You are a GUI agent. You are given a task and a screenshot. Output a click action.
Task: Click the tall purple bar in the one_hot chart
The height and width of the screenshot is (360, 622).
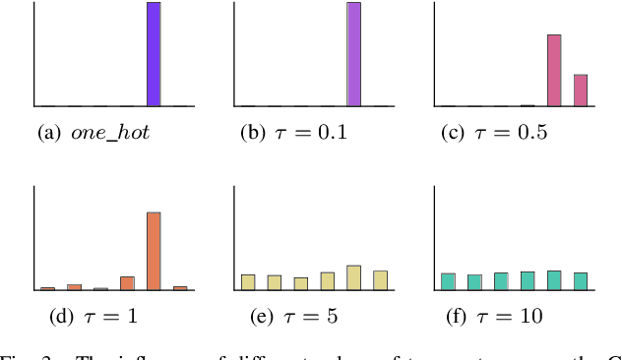154,54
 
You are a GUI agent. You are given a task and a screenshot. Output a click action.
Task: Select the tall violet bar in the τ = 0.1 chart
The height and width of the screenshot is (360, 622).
353,54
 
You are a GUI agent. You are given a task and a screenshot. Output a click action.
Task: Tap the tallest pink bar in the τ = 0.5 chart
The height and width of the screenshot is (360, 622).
554,70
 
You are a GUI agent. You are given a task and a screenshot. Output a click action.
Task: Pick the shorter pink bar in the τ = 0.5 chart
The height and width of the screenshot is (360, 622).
580,90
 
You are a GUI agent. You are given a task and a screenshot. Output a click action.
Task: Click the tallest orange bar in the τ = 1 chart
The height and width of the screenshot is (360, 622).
154,251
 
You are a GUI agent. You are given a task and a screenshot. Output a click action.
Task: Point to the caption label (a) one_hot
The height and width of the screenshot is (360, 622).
93,133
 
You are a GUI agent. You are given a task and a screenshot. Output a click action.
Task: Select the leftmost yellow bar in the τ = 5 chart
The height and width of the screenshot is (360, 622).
248,282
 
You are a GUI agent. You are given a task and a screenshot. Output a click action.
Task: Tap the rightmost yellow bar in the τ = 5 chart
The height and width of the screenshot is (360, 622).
380,280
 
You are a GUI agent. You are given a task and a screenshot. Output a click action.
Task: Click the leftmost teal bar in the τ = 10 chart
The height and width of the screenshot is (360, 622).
448,281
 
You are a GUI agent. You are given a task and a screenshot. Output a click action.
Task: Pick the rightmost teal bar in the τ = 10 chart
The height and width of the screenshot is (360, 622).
580,281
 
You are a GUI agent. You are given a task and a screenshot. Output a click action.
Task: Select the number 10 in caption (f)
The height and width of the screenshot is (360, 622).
532,317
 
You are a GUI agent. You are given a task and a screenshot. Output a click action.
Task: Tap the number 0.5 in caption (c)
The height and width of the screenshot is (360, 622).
527,133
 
